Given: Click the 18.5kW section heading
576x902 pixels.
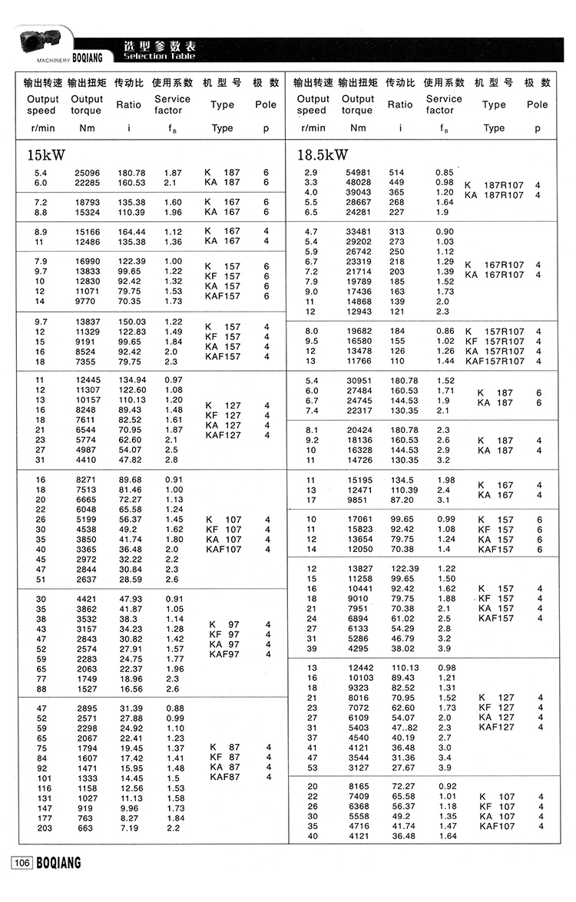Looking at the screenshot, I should tap(323, 156).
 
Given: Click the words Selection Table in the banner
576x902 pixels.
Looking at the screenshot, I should tap(159, 56).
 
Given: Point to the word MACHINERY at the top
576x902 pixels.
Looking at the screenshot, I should tap(53, 57).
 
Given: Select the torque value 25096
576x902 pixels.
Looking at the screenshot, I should tap(87, 173).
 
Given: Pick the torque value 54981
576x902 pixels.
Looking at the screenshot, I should tap(357, 172).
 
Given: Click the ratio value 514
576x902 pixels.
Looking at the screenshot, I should tap(396, 172).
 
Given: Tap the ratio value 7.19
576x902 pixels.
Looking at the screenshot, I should tap(128, 829).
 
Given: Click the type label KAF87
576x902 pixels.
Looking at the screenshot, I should tap(224, 777).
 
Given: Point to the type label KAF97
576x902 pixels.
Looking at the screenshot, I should tap(224, 654).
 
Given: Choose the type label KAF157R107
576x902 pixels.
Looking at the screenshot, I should tap(495, 361).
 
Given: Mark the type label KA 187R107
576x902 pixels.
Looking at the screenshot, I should tap(495, 195).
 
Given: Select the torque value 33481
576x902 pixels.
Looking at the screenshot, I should tap(357, 231).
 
